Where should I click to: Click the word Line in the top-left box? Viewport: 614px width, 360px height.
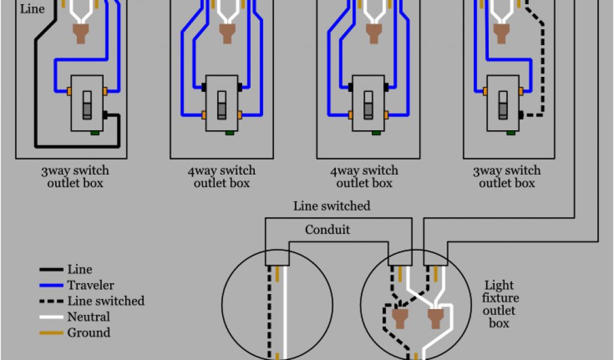(32, 10)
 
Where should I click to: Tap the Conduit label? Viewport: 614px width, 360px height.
(327, 230)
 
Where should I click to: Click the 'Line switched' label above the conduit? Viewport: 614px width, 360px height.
(332, 206)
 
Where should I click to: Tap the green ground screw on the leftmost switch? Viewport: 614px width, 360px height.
(94, 133)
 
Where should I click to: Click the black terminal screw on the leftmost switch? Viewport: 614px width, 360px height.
(106, 114)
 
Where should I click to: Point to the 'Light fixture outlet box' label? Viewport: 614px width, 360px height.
(501, 304)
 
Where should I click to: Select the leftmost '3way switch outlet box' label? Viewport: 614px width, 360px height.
(75, 177)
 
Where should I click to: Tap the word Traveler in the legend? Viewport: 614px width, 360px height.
(91, 286)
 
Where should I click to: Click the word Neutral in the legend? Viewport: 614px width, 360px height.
(89, 317)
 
